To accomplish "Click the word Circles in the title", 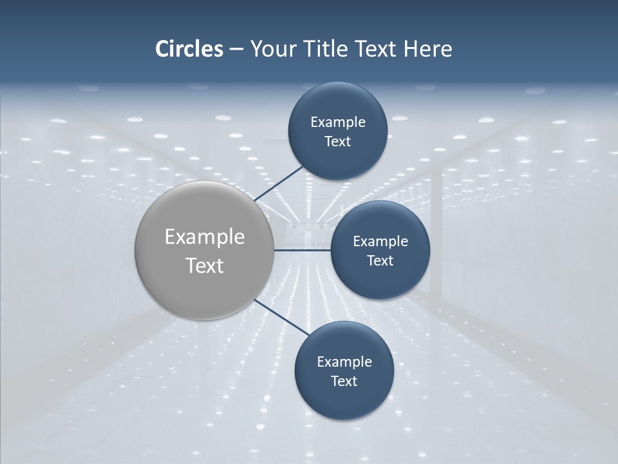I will click(189, 49).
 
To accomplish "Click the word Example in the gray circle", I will click(205, 237).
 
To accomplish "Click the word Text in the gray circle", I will click(205, 266).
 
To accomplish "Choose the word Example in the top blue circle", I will click(338, 122).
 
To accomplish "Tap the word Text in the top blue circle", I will click(337, 141).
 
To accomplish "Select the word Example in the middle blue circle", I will click(380, 241).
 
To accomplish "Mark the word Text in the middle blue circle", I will click(380, 260).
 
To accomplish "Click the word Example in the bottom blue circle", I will click(344, 362).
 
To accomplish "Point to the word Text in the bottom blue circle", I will click(344, 381).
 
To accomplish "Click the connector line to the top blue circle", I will click(279, 184).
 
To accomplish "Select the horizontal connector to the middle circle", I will click(302, 250).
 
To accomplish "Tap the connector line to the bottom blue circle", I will click(282, 317).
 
